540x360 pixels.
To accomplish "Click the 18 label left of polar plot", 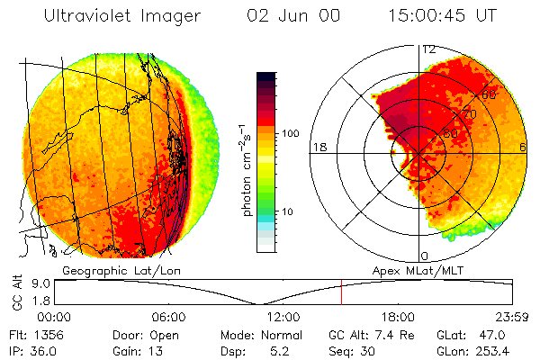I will (x=319, y=147).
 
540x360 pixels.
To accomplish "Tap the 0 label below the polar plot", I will (x=423, y=256).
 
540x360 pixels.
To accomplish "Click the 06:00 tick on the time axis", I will (x=168, y=317).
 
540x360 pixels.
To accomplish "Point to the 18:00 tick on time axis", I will (x=397, y=317).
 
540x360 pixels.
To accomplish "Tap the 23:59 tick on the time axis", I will (x=510, y=317).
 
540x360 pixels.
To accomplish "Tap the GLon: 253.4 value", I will (x=477, y=350).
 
